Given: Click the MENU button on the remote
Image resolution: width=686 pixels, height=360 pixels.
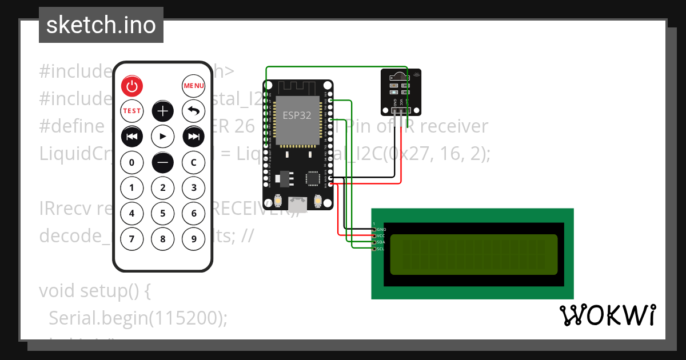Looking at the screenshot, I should click(x=194, y=86).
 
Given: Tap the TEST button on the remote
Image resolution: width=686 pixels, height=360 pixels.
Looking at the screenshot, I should click(x=132, y=111).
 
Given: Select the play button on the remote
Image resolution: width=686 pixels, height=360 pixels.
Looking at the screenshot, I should click(x=163, y=137).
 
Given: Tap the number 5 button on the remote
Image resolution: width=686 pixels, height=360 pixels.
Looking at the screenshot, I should click(x=163, y=214).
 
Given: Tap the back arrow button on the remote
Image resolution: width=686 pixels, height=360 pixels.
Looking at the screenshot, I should click(x=194, y=111).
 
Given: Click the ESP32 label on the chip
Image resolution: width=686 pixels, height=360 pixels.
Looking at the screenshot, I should click(x=297, y=115).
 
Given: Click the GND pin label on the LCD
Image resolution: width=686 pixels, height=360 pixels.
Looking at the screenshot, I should click(x=381, y=229).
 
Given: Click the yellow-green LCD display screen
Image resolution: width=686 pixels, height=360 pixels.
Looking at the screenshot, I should click(x=473, y=254).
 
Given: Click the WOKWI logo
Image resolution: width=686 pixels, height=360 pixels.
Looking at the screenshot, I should click(x=607, y=315).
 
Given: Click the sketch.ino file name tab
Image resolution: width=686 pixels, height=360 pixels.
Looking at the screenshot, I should click(x=101, y=25).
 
